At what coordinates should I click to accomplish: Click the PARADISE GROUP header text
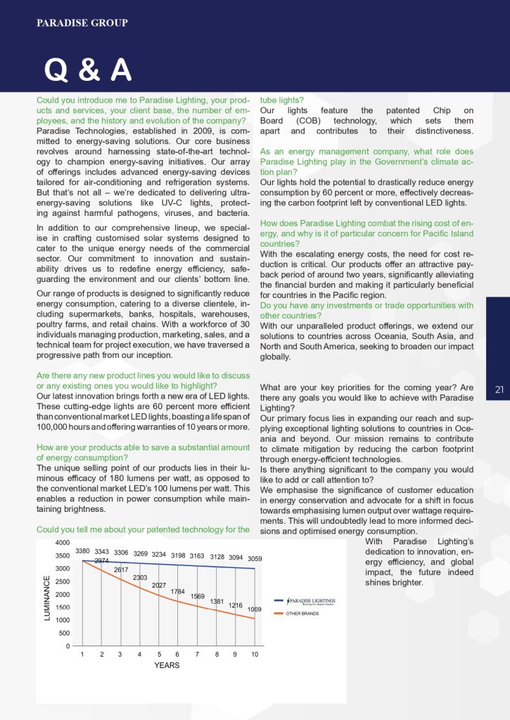pos(82,23)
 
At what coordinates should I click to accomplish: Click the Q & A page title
pos(87,70)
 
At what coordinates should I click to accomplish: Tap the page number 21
pos(499,390)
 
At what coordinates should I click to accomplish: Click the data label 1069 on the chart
pos(255,609)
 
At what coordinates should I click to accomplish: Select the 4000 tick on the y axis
pos(62,543)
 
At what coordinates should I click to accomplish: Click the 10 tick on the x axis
pos(255,655)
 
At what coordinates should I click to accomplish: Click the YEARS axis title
pos(167,665)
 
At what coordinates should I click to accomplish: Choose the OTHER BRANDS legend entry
pos(302,613)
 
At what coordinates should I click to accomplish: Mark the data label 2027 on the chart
pos(159,585)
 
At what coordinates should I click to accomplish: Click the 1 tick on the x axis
pos(82,655)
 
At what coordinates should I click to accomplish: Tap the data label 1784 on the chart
pos(178,591)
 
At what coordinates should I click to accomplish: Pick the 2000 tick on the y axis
pos(62,594)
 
